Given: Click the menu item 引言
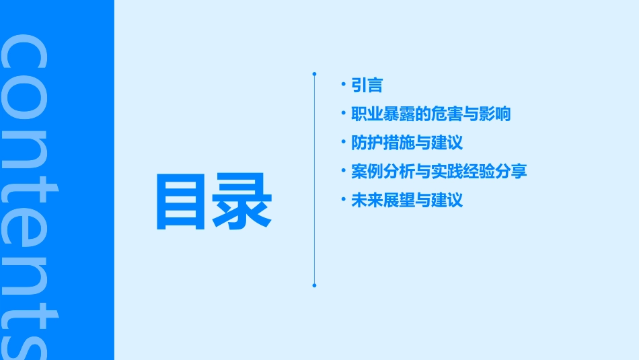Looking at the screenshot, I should (367, 85).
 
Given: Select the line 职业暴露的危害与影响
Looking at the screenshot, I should (431, 114).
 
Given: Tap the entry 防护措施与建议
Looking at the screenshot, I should (407, 143).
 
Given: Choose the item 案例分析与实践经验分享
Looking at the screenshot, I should (439, 172).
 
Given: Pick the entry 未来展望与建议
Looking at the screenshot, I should (407, 201).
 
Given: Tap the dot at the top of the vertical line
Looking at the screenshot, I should (314, 73).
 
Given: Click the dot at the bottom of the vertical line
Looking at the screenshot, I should (314, 285).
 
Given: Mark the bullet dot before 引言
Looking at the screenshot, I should (344, 84).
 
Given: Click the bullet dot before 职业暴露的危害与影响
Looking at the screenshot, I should (344, 112).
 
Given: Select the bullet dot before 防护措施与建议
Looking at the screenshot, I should (344, 141).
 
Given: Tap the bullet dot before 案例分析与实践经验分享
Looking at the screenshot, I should (344, 170).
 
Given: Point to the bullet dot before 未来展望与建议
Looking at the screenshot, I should (344, 199).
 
